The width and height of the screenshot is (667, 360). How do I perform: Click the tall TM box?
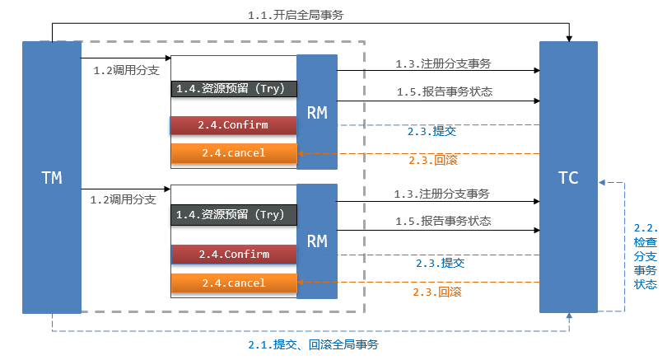[x=51, y=177]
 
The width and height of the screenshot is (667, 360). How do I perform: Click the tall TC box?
[x=568, y=177]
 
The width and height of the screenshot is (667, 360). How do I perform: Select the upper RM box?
[x=317, y=112]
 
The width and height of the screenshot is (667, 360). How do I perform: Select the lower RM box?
[x=317, y=241]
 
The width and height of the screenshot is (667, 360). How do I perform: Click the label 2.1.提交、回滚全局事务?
[x=314, y=344]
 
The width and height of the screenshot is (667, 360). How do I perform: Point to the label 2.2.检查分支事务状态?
[x=646, y=256]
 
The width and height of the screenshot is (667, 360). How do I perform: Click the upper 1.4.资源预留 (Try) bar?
[x=234, y=88]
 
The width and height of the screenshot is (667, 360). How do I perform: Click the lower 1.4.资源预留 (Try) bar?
[x=234, y=214]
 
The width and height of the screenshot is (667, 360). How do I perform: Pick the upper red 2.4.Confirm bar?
[x=234, y=126]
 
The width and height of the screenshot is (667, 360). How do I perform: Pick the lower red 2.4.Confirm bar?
[x=234, y=255]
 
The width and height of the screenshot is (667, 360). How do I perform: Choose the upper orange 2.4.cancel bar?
[x=234, y=153]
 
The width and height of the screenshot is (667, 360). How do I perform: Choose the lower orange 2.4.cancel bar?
[x=234, y=283]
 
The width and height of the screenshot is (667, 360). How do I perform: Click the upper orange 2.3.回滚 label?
[x=429, y=161]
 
